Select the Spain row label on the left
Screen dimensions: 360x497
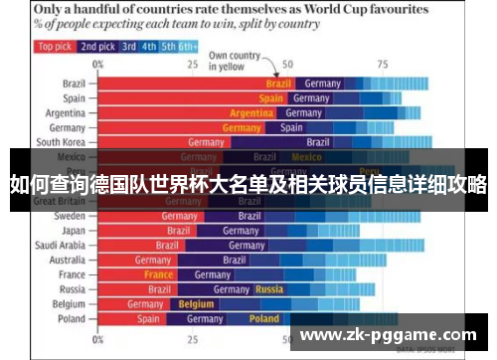tap(74, 98)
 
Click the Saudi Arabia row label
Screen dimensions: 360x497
tap(61, 245)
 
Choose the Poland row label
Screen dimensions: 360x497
tap(72, 319)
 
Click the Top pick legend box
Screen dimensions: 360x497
tap(55, 46)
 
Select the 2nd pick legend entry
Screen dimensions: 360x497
tap(97, 46)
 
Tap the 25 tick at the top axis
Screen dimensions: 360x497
tap(193, 64)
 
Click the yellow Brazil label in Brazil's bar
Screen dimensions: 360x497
tap(278, 84)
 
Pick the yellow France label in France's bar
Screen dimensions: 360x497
tap(158, 274)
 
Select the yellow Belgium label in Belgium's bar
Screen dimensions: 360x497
tap(196, 304)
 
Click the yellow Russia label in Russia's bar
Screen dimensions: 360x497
tap(269, 289)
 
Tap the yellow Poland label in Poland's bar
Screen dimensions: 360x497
tap(263, 319)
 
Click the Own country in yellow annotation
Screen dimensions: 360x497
tap(234, 61)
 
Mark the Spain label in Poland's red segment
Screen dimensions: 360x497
tap(148, 319)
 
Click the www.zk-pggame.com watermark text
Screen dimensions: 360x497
tap(388, 335)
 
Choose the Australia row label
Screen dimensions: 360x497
tap(66, 260)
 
